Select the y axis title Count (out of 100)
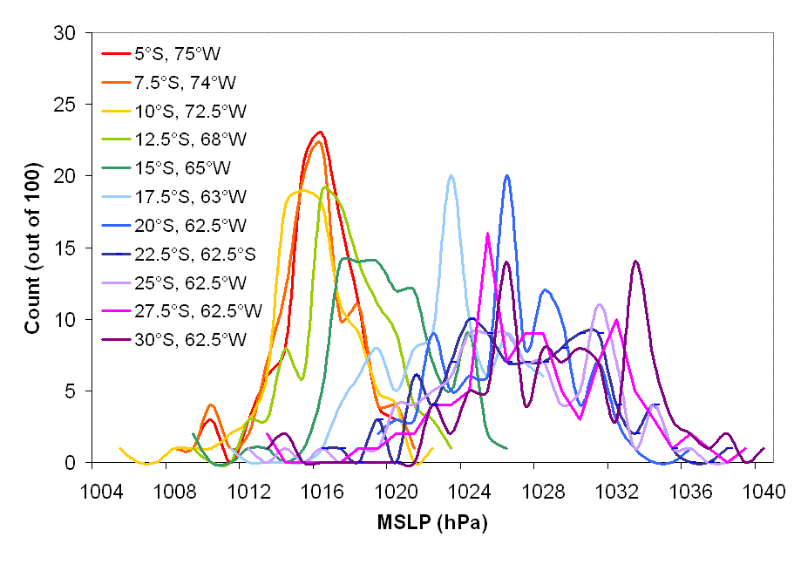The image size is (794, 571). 32,248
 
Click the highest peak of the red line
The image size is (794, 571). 321,133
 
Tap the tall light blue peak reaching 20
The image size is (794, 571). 451,176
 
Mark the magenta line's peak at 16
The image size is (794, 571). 487,234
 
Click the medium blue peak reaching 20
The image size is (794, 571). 506,176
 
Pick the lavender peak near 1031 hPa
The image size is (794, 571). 600,305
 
